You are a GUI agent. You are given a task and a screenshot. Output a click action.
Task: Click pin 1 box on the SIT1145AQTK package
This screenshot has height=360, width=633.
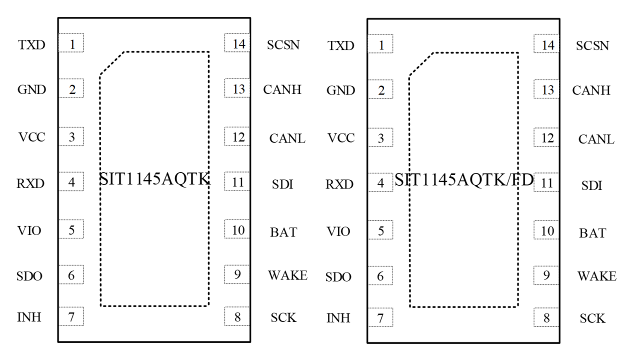click(x=71, y=42)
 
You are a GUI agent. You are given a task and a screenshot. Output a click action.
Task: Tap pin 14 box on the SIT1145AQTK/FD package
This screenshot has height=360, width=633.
click(x=546, y=43)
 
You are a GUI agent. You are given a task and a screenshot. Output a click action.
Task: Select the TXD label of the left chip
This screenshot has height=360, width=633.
click(x=31, y=45)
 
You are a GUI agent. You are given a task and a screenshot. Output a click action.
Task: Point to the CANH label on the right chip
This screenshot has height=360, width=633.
click(x=591, y=90)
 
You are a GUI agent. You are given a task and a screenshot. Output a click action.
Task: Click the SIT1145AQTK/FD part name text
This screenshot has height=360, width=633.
click(x=464, y=179)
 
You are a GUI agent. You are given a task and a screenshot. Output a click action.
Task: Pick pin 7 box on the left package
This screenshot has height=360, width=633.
click(x=71, y=316)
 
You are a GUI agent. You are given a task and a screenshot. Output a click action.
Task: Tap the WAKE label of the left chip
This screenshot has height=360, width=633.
click(x=287, y=275)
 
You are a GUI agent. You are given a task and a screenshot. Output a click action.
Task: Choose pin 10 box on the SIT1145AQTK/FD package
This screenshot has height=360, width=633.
click(x=546, y=229)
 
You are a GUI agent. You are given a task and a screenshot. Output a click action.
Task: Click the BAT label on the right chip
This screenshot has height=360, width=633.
click(x=592, y=233)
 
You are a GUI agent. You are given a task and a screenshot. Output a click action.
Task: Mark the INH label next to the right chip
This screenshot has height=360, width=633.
click(x=338, y=318)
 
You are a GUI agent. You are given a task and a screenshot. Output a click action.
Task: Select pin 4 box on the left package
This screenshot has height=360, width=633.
click(x=71, y=181)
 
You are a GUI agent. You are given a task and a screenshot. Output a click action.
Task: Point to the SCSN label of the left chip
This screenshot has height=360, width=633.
click(x=283, y=45)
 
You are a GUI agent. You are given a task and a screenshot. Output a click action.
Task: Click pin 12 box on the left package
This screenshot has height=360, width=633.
click(x=237, y=136)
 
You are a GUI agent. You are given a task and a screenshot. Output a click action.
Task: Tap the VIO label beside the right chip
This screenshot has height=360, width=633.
click(x=338, y=231)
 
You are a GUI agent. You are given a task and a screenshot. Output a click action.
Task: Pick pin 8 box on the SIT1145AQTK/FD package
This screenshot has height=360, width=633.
click(x=546, y=317)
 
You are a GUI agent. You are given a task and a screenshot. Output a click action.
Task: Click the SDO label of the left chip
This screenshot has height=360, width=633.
click(x=29, y=276)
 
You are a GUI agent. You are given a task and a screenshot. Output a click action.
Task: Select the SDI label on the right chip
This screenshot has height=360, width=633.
click(x=591, y=185)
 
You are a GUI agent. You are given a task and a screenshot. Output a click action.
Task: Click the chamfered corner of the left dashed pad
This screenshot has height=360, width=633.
click(x=112, y=63)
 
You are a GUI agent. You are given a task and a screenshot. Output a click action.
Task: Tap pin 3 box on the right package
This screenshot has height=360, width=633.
click(x=380, y=137)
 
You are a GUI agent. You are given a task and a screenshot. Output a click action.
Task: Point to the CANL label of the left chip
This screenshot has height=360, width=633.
click(x=287, y=138)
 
